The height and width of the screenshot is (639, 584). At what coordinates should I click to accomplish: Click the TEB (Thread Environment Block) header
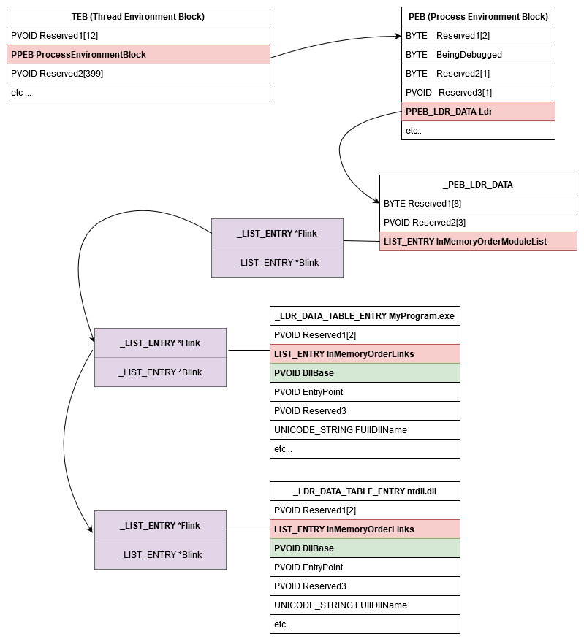tap(138, 16)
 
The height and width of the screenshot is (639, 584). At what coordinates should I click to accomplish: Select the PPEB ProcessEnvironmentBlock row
tap(138, 54)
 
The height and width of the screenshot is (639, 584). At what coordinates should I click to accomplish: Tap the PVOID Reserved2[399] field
tap(138, 73)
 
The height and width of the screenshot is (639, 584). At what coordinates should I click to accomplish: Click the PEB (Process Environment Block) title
tap(478, 16)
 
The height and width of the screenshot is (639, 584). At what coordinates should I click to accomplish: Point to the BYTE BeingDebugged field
tap(478, 54)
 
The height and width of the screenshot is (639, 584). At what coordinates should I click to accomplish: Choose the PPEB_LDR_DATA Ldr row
tap(478, 111)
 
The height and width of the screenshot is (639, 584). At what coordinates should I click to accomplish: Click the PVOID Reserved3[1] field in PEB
tap(478, 92)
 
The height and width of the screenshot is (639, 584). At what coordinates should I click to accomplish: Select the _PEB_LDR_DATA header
tap(478, 184)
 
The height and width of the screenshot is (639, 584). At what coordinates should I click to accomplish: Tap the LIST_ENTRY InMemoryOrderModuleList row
tap(478, 241)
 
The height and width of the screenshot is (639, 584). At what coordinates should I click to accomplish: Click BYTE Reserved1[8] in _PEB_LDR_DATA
tap(478, 203)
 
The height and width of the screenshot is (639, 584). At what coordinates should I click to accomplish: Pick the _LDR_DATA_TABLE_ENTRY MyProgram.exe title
tap(365, 315)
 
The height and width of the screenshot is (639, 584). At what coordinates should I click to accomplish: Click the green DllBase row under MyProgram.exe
tap(365, 372)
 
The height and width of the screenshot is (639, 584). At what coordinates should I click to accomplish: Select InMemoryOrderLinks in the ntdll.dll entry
tap(365, 529)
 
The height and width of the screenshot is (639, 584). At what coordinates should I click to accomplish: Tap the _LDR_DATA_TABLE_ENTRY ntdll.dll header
tap(365, 491)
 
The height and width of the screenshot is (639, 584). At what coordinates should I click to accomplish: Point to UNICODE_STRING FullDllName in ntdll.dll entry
tap(365, 605)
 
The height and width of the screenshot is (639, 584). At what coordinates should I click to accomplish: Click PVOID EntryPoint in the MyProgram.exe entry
tap(365, 391)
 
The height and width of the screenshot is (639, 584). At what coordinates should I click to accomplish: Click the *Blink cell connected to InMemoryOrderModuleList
tap(277, 263)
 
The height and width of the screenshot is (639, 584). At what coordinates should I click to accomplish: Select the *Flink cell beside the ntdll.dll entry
tap(160, 525)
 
